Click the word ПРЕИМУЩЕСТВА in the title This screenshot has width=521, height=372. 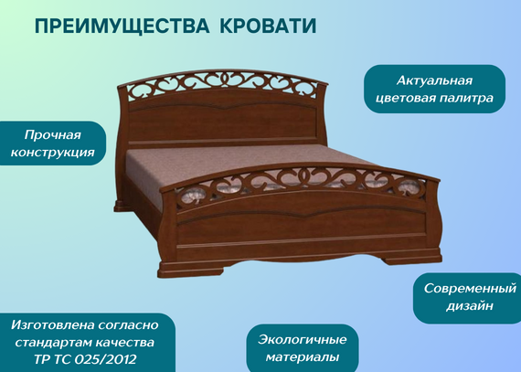[x=122, y=26]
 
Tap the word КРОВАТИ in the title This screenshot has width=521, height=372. [x=268, y=26]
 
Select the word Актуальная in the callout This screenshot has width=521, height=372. [x=434, y=80]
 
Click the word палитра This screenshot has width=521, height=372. [x=467, y=99]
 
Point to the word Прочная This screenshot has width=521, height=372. [x=52, y=135]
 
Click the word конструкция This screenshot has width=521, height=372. [x=52, y=153]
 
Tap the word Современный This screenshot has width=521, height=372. [x=470, y=288]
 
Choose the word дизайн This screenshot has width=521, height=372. [x=470, y=306]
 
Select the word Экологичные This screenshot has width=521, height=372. [x=302, y=340]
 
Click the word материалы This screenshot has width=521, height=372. [x=303, y=357]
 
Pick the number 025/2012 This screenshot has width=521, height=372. [x=106, y=359]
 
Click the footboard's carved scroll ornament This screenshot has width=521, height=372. [x=301, y=183]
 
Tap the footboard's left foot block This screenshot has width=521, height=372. [x=191, y=269]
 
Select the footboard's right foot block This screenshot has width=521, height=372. [x=412, y=258]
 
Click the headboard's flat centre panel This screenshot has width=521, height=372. [x=222, y=122]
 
